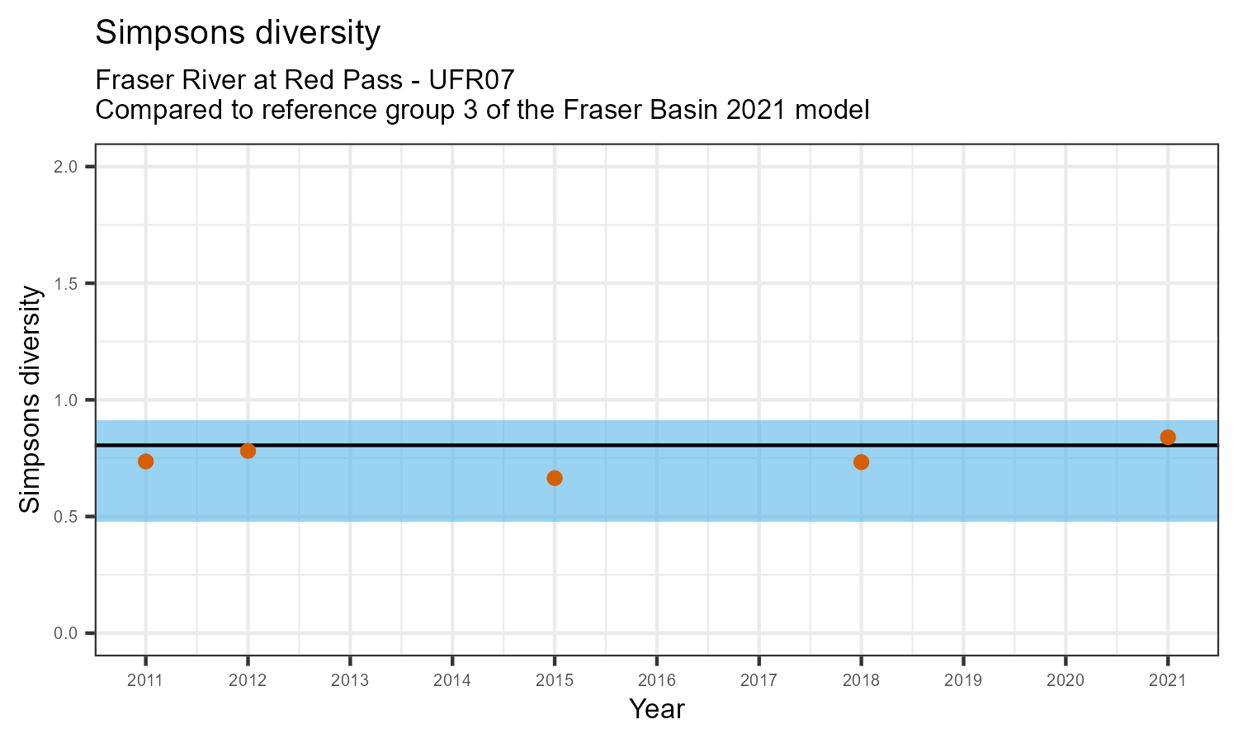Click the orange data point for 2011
[145, 461]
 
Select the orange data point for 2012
[248, 451]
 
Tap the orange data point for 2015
[555, 478]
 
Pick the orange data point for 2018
[861, 461]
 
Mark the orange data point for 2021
[1168, 437]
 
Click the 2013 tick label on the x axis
[350, 681]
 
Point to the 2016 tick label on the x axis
[657, 681]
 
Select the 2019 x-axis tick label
[963, 681]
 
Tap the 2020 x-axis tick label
[1066, 681]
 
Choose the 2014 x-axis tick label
[452, 681]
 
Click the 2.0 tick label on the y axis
[67, 167]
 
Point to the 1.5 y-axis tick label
[67, 283]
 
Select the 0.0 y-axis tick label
[67, 633]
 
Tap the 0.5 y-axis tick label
[67, 517]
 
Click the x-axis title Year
[657, 708]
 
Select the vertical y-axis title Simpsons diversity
[31, 400]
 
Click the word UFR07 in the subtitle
[471, 80]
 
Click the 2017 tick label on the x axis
[759, 681]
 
